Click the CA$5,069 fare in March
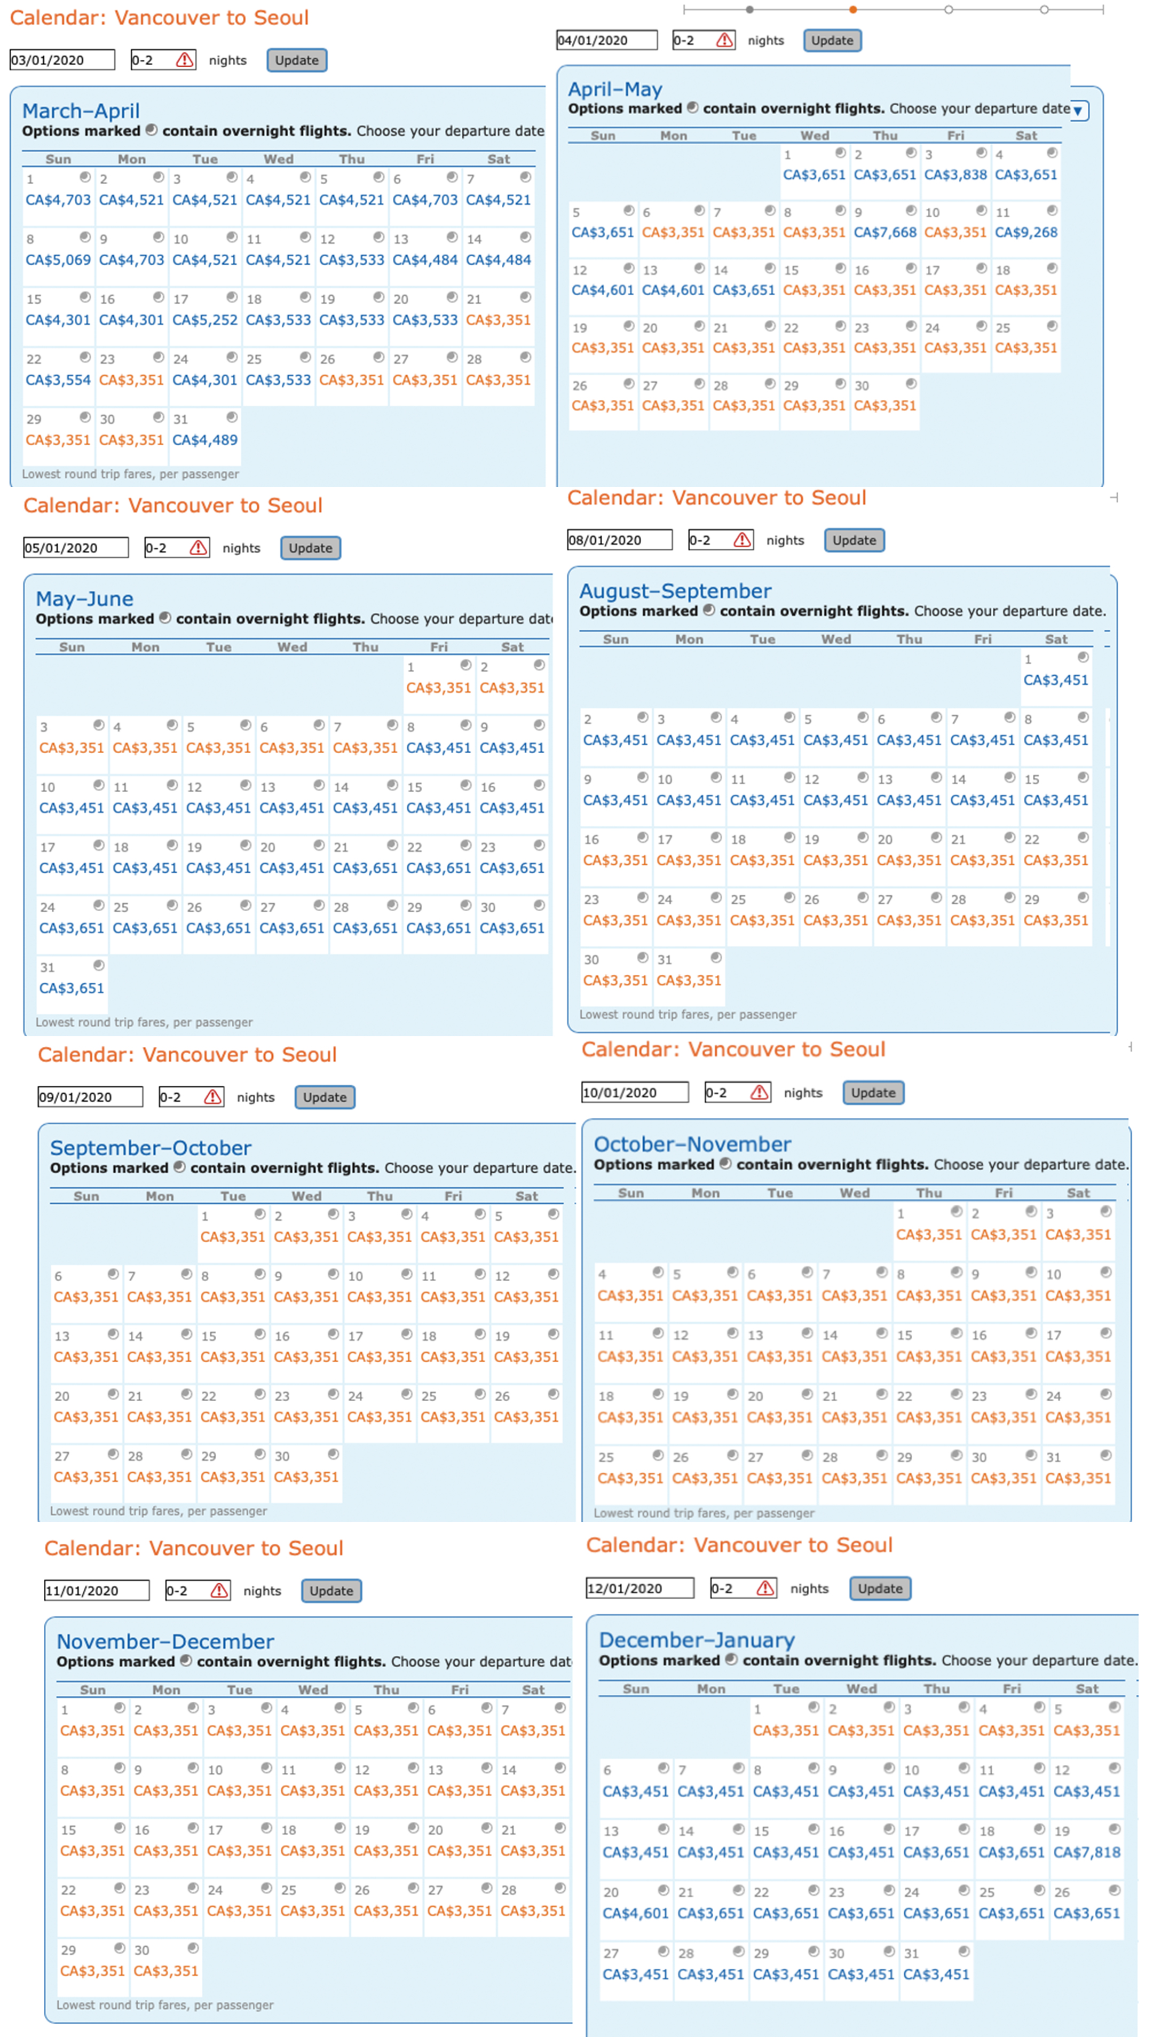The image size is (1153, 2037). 58,259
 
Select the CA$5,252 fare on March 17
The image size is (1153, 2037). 205,320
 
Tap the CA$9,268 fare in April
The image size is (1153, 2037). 1025,232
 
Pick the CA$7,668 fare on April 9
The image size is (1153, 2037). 885,232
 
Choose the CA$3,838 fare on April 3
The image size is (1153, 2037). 955,174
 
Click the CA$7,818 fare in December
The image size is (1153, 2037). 1086,1852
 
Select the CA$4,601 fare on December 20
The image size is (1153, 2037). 635,1913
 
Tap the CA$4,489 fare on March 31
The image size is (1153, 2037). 205,440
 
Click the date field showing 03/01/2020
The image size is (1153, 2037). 62,60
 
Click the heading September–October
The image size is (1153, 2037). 151,1147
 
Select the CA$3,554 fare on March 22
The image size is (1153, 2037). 58,380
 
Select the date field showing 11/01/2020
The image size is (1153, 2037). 96,1591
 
